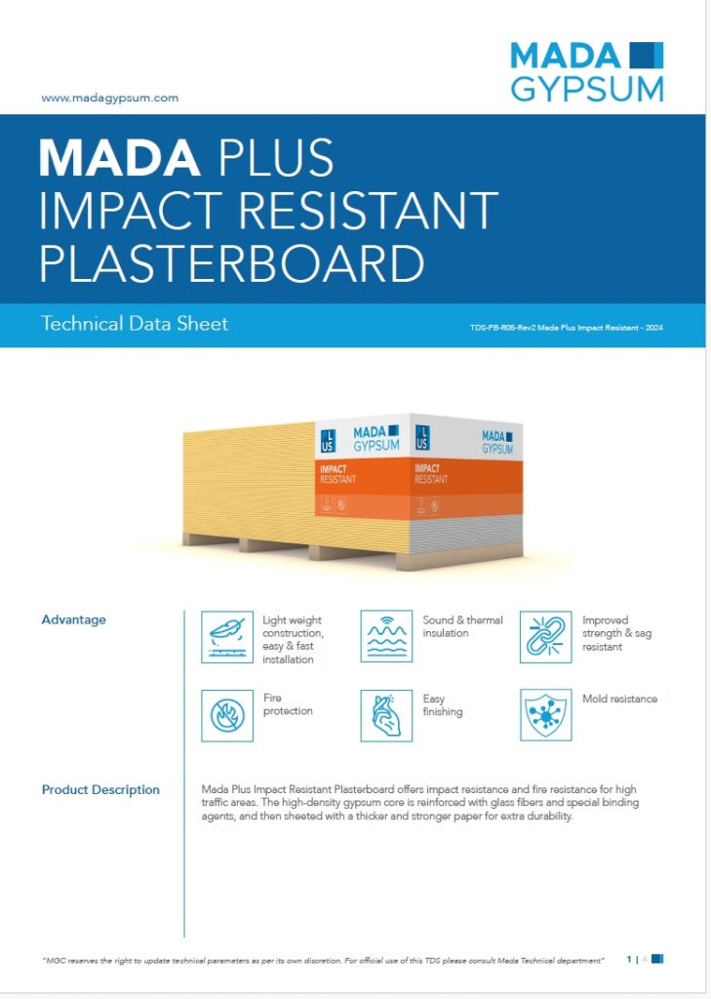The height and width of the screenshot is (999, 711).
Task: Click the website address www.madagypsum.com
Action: click(x=109, y=98)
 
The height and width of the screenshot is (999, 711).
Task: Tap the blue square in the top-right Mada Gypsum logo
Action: click(x=647, y=55)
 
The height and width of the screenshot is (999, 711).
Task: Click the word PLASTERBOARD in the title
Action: click(x=232, y=262)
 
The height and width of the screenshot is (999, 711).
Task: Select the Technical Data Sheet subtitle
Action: click(x=135, y=323)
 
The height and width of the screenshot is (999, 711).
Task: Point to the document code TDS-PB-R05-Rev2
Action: click(x=502, y=328)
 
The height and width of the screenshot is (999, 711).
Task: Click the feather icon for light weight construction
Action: click(x=227, y=636)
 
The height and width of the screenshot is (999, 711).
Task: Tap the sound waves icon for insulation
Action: click(x=386, y=636)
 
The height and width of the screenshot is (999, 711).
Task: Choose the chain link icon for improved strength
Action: click(x=545, y=636)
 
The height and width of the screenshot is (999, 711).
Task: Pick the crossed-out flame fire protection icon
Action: click(x=227, y=715)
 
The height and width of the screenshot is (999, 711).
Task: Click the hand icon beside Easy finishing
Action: click(x=386, y=715)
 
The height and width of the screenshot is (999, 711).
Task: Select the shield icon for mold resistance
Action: click(x=545, y=715)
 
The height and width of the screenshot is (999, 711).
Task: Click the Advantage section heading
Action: click(x=74, y=619)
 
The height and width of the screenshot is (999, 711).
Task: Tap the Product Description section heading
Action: click(x=100, y=790)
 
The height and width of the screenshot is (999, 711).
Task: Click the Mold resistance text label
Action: click(x=619, y=699)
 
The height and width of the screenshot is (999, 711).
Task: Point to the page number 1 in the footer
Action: click(x=629, y=959)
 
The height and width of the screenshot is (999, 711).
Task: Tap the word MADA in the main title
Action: click(x=120, y=157)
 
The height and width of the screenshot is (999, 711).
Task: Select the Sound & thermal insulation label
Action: click(x=462, y=626)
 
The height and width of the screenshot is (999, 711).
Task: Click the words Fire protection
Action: click(x=288, y=704)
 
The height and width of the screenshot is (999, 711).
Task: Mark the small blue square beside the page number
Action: click(x=657, y=959)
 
